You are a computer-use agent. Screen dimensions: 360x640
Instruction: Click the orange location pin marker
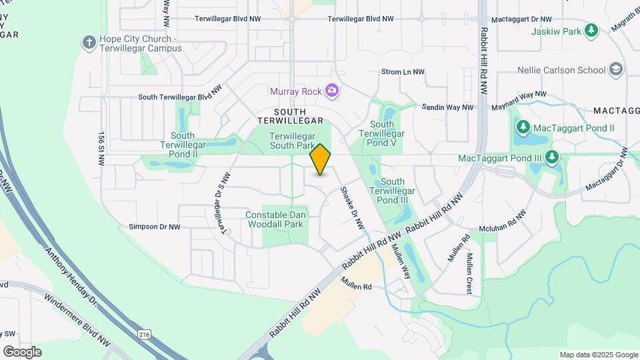click(321, 159)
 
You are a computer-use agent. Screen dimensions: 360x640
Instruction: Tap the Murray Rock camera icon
click(331, 91)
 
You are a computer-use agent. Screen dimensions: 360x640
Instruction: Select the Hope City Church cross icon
click(89, 43)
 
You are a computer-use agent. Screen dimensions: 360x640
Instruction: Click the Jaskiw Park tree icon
click(591, 31)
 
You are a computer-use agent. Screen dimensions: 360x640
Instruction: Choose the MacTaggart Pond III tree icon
click(552, 158)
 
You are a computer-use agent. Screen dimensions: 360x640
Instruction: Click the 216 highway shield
click(143, 333)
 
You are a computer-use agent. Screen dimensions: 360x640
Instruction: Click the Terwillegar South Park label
click(291, 140)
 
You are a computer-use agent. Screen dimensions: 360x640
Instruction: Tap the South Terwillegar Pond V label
click(382, 133)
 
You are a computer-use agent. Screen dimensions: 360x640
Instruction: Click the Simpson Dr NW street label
click(155, 227)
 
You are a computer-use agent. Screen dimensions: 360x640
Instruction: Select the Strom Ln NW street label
click(403, 72)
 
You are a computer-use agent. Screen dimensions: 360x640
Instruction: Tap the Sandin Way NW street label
click(447, 107)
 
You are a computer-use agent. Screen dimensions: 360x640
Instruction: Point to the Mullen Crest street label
click(470, 273)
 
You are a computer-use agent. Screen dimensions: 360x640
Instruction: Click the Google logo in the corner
click(22, 351)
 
